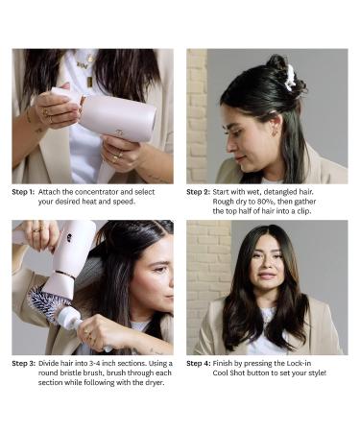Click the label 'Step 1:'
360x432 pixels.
(x=23, y=191)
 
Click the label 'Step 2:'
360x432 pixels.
(x=198, y=191)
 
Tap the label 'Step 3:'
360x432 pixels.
(x=23, y=362)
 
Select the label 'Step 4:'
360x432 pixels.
(x=198, y=362)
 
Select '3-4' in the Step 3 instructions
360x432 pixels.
(x=103, y=362)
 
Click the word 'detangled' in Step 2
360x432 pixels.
(x=285, y=191)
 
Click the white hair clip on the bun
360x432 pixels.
(x=289, y=78)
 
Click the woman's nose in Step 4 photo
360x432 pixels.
(x=267, y=276)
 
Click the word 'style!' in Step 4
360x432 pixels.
(x=312, y=372)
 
